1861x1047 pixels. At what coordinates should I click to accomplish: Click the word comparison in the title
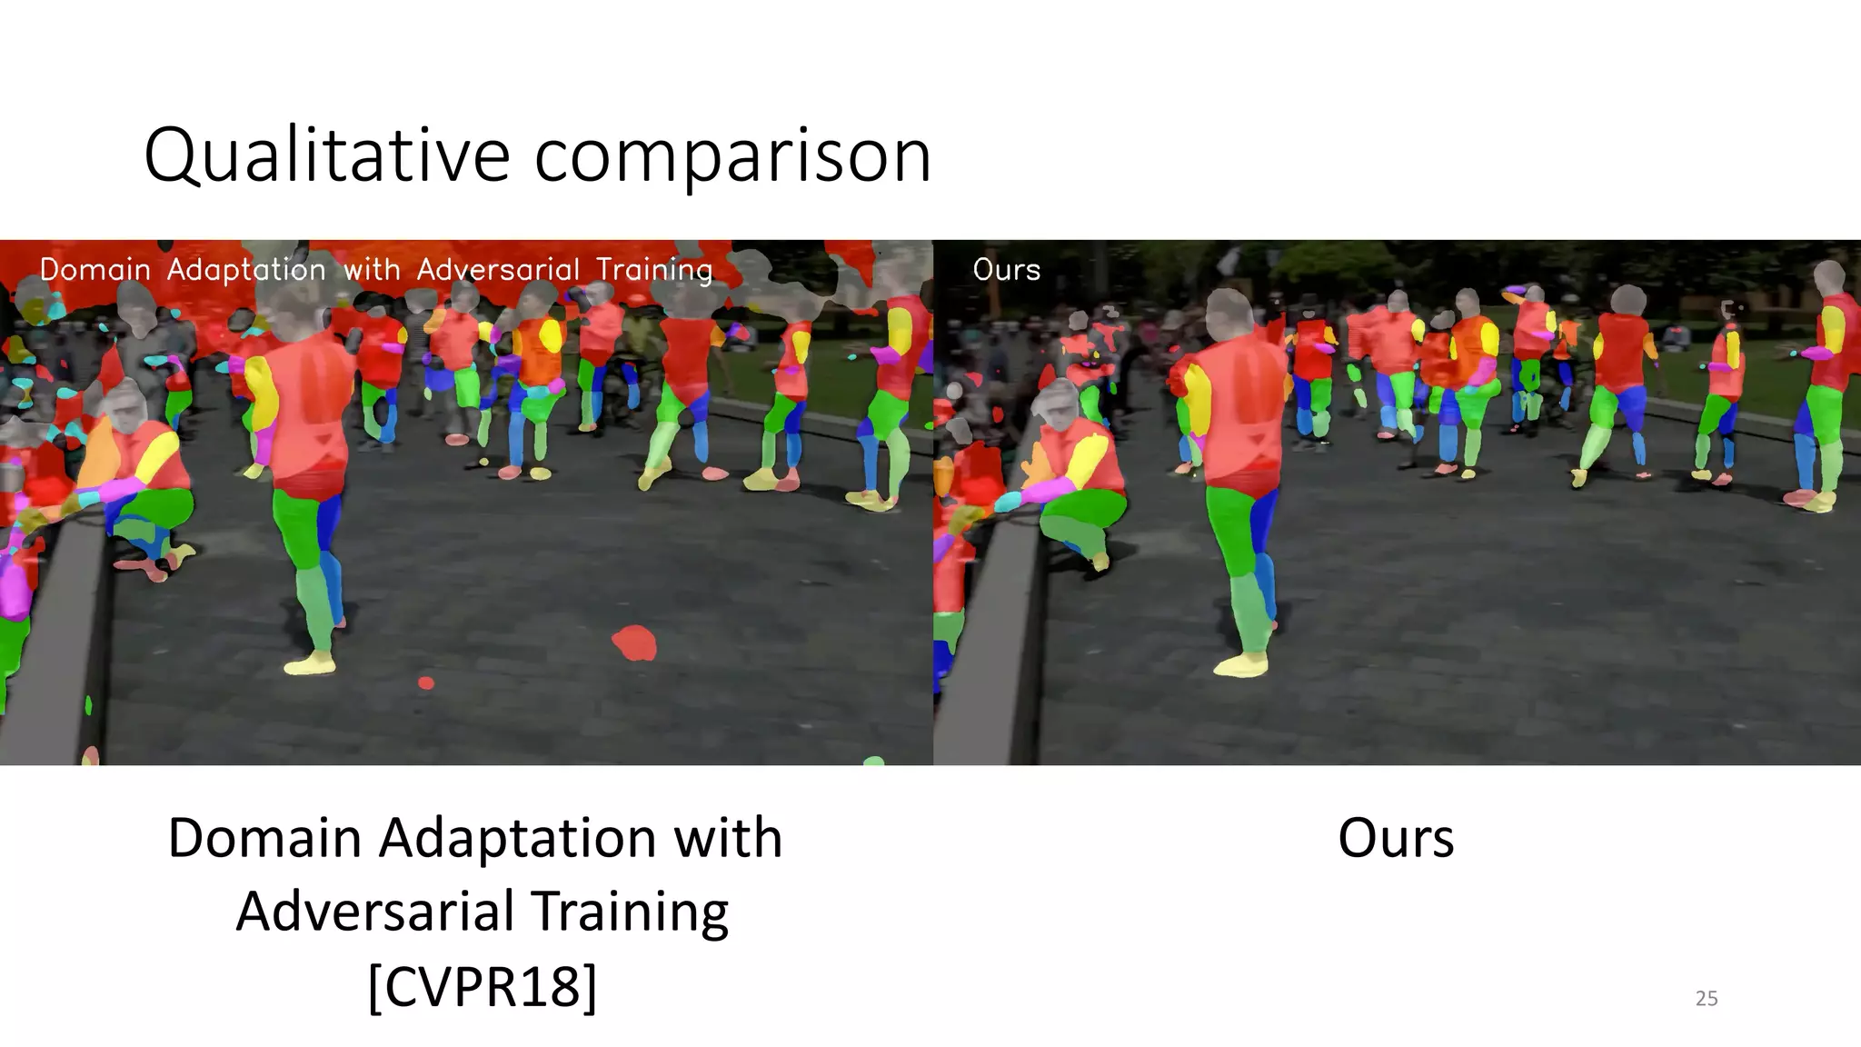[732, 156]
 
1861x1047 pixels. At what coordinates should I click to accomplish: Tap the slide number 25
[1707, 998]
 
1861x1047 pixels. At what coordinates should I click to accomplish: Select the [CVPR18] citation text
[483, 985]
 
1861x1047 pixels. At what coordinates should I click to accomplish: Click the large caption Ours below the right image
[1395, 838]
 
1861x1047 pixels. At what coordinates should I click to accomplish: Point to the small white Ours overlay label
[1006, 270]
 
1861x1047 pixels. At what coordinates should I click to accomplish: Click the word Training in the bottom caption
[630, 912]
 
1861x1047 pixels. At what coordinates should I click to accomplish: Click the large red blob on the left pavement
[634, 643]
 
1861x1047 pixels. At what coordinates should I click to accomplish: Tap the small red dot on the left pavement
[425, 683]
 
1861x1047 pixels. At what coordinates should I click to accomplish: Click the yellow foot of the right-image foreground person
[1241, 665]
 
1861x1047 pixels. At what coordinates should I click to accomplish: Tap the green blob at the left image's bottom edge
[873, 761]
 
